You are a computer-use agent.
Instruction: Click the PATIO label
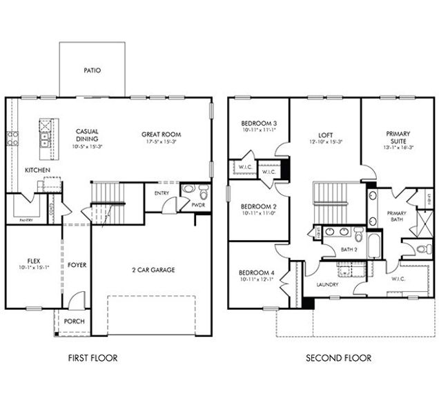coord(92,70)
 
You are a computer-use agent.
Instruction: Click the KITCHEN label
coord(38,170)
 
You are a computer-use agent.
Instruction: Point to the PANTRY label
coord(26,219)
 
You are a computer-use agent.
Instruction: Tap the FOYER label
coord(77,265)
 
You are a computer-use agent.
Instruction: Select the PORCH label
coord(74,322)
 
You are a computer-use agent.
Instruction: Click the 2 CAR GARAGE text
coord(153,270)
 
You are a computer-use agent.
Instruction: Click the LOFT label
coord(326,136)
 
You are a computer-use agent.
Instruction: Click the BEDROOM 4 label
coord(257,273)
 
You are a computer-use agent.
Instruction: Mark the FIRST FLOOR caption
coord(92,358)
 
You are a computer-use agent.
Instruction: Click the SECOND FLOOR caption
coord(338,358)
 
